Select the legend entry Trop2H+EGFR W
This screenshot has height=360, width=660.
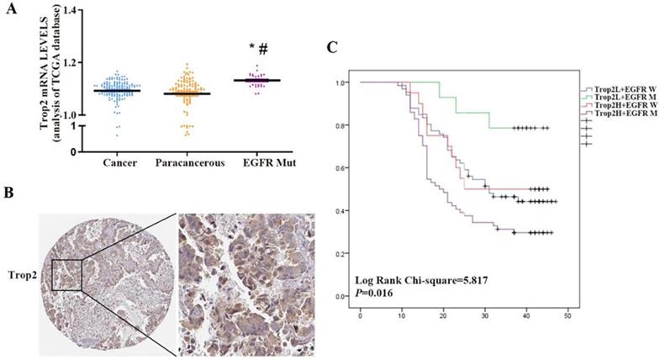point(621,103)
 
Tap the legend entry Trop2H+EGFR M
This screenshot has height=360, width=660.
point(621,112)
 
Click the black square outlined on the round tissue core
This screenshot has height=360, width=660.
point(66,275)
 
